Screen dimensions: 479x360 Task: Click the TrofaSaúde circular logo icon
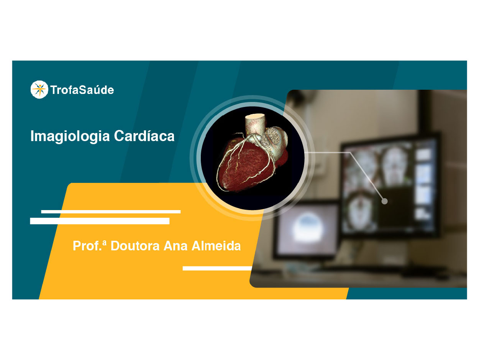(39, 89)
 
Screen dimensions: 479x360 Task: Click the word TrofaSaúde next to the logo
(82, 90)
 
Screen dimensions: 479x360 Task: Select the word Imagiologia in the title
(70, 136)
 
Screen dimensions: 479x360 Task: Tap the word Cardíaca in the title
(144, 136)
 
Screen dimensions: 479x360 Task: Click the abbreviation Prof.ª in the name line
(89, 246)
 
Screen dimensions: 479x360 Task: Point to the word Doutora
(135, 246)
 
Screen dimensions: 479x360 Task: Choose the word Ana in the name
(176, 246)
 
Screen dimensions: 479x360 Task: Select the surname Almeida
(216, 246)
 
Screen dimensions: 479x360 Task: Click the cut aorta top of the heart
(255, 116)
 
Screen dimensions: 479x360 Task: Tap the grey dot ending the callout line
(384, 201)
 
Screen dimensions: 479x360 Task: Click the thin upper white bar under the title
(111, 212)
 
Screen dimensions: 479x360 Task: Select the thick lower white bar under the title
(100, 221)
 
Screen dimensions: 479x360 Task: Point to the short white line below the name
(217, 268)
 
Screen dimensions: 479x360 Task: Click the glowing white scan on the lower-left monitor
(308, 228)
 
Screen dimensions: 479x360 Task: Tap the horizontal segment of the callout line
(327, 153)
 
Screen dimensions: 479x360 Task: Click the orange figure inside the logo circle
(39, 89)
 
